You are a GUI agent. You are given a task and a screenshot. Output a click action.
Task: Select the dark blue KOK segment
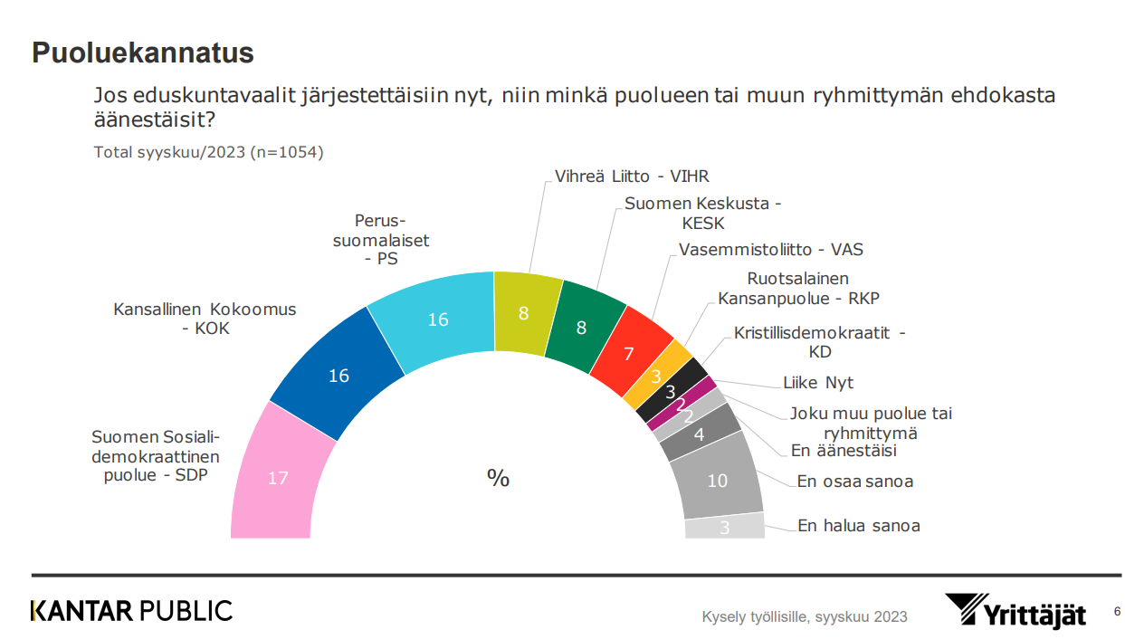click(338, 375)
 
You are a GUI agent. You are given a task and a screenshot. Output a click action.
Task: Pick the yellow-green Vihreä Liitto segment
click(525, 313)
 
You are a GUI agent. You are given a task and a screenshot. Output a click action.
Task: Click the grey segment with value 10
click(718, 480)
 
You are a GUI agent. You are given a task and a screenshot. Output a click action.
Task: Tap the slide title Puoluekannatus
click(143, 53)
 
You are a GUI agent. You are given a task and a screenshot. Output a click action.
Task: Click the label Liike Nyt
click(817, 383)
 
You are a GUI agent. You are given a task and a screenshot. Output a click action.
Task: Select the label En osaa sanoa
click(854, 482)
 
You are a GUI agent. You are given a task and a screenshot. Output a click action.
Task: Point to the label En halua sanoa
click(858, 525)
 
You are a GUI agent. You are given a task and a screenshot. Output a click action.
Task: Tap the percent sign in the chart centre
click(498, 479)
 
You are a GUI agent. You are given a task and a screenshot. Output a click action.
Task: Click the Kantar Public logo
click(132, 611)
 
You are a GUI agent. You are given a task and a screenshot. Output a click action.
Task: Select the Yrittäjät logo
click(1015, 611)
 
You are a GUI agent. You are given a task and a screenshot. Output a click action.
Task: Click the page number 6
click(1116, 610)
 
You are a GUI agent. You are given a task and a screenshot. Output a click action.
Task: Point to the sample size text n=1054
click(286, 152)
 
